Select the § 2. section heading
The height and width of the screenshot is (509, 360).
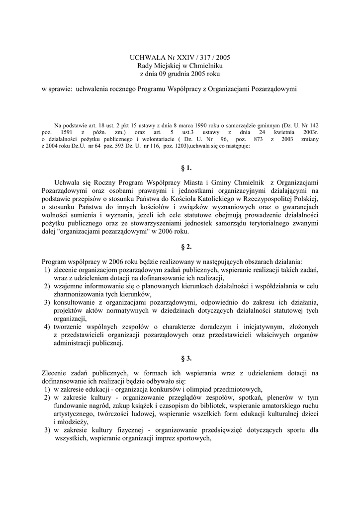pos(180,247)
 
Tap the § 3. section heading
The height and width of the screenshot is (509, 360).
pos(180,358)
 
